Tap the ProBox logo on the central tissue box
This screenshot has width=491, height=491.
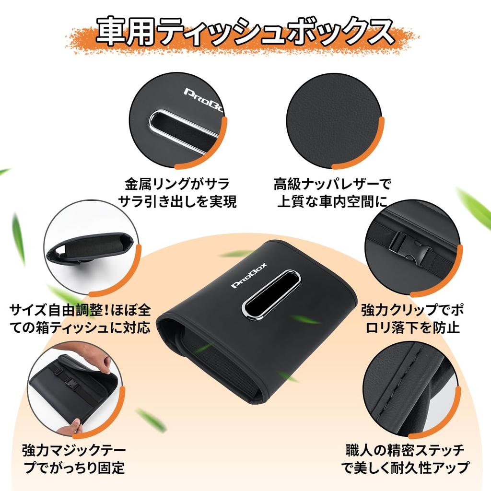point(249,276)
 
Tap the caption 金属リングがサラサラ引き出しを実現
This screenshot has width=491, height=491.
point(177,193)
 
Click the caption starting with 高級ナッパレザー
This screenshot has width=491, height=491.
point(333,193)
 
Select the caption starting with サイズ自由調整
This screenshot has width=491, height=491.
point(80,319)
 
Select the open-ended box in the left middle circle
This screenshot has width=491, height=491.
point(91,248)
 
